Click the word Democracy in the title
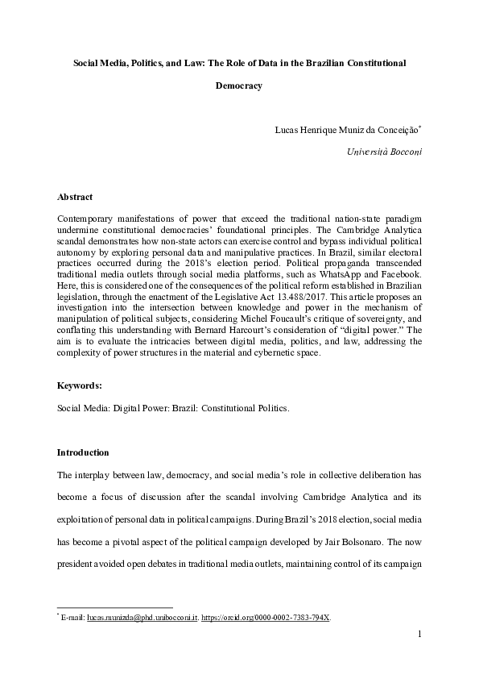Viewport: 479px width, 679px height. tap(239, 86)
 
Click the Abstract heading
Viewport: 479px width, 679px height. tap(75, 197)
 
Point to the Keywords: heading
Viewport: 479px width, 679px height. tap(79, 385)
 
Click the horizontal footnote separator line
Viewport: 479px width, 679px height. tap(115, 607)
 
